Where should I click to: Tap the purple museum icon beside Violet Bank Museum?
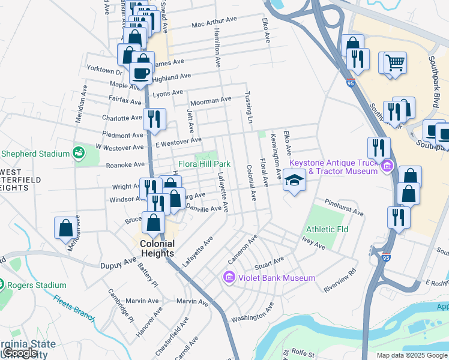coord(228,278)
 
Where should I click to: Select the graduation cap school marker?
coord(294,180)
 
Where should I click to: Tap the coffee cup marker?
coord(141,74)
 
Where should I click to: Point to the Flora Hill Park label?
coord(204,164)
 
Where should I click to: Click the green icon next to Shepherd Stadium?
coord(78,154)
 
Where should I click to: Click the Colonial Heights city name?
coord(157,248)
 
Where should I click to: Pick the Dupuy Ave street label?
coord(119,263)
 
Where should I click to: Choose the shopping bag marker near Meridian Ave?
coord(66,227)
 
